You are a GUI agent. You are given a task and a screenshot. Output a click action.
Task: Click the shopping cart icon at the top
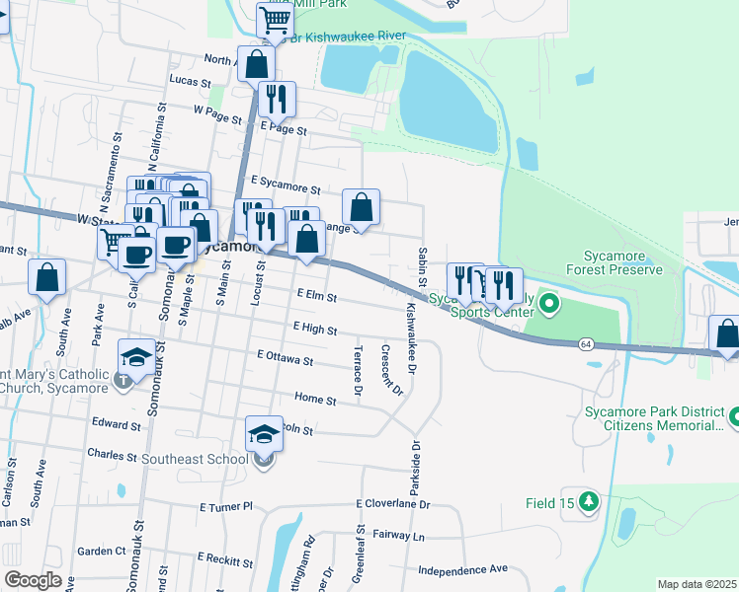click(x=274, y=20)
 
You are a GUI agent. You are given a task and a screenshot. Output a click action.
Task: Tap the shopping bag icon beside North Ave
click(x=256, y=64)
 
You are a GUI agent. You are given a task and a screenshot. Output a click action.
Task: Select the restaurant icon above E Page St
click(x=276, y=99)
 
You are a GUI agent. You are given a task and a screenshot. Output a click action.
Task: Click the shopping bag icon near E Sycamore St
click(x=362, y=206)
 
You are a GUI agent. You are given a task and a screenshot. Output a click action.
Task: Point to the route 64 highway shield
click(x=586, y=343)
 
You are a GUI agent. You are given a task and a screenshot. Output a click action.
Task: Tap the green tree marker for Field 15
click(x=589, y=502)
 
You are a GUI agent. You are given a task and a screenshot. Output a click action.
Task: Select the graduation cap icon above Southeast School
click(x=264, y=433)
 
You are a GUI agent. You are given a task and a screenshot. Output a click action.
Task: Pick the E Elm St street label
click(x=316, y=296)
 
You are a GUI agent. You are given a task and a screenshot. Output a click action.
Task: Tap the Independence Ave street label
click(x=461, y=569)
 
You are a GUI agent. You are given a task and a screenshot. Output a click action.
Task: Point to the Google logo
click(x=33, y=580)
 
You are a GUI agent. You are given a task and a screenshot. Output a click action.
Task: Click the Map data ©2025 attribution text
click(x=697, y=584)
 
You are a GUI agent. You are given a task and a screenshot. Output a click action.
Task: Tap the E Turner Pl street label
click(x=226, y=507)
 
